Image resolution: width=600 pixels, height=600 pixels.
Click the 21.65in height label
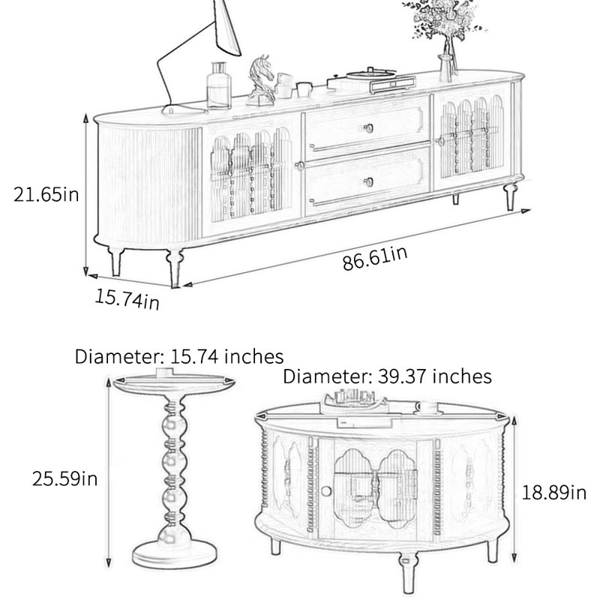46,194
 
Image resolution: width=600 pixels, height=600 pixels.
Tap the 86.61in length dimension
374,258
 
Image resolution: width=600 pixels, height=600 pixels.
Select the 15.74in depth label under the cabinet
127,299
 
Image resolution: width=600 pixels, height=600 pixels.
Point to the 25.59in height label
64,478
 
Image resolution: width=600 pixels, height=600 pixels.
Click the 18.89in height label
553,492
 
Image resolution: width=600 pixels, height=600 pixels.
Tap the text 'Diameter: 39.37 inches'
387,376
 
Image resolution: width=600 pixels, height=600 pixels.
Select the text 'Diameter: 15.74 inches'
179,357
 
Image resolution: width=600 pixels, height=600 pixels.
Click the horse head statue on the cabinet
261,80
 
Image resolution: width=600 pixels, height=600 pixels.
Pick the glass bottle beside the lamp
219,85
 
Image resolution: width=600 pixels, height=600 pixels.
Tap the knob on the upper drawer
368,127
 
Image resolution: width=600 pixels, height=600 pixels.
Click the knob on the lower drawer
369,182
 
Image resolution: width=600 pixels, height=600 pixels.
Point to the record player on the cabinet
370,79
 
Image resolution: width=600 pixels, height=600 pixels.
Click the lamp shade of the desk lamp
227,27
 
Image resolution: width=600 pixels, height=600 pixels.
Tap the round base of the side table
174,553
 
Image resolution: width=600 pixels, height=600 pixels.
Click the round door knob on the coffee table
326,491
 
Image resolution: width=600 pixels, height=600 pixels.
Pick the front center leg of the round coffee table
408,572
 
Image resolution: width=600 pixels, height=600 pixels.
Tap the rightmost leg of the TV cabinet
511,196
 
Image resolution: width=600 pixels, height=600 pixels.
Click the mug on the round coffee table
427,407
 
